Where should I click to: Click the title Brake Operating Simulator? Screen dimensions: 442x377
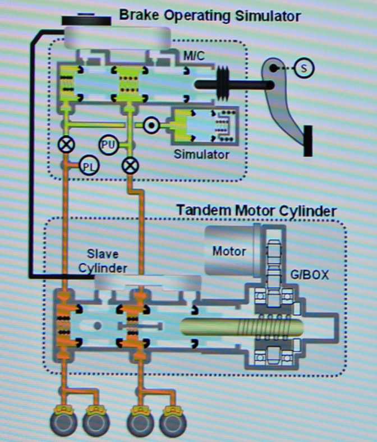pyautogui.click(x=209, y=16)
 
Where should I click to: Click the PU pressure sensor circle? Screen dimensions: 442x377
pyautogui.click(x=108, y=145)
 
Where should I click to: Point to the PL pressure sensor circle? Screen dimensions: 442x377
pyautogui.click(x=88, y=166)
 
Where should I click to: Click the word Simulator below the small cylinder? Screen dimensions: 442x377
pyautogui.click(x=201, y=155)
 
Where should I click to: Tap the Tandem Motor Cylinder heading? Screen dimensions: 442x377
pyautogui.click(x=256, y=211)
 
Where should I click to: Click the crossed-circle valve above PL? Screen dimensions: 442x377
pyautogui.click(x=66, y=145)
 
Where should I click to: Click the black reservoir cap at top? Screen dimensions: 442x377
pyautogui.click(x=86, y=20)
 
